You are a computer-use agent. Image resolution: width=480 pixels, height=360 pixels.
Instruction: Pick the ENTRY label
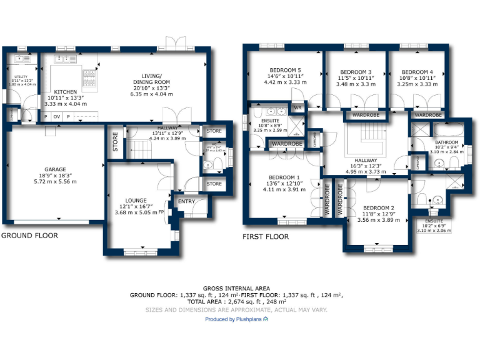pyautogui.click(x=186, y=201)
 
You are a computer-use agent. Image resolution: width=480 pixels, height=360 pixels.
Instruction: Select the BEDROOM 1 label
pyautogui.click(x=284, y=177)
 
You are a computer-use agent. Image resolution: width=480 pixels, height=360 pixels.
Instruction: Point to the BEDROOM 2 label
pyautogui.click(x=378, y=207)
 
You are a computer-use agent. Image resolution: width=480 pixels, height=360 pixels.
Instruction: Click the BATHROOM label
pyautogui.click(x=447, y=142)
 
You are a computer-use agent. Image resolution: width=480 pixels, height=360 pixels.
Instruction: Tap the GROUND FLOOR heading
pyautogui.click(x=29, y=236)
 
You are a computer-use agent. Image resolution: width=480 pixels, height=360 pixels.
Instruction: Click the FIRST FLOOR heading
pyautogui.click(x=266, y=237)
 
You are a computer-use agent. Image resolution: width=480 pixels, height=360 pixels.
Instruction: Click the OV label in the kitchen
pyautogui.click(x=56, y=117)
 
